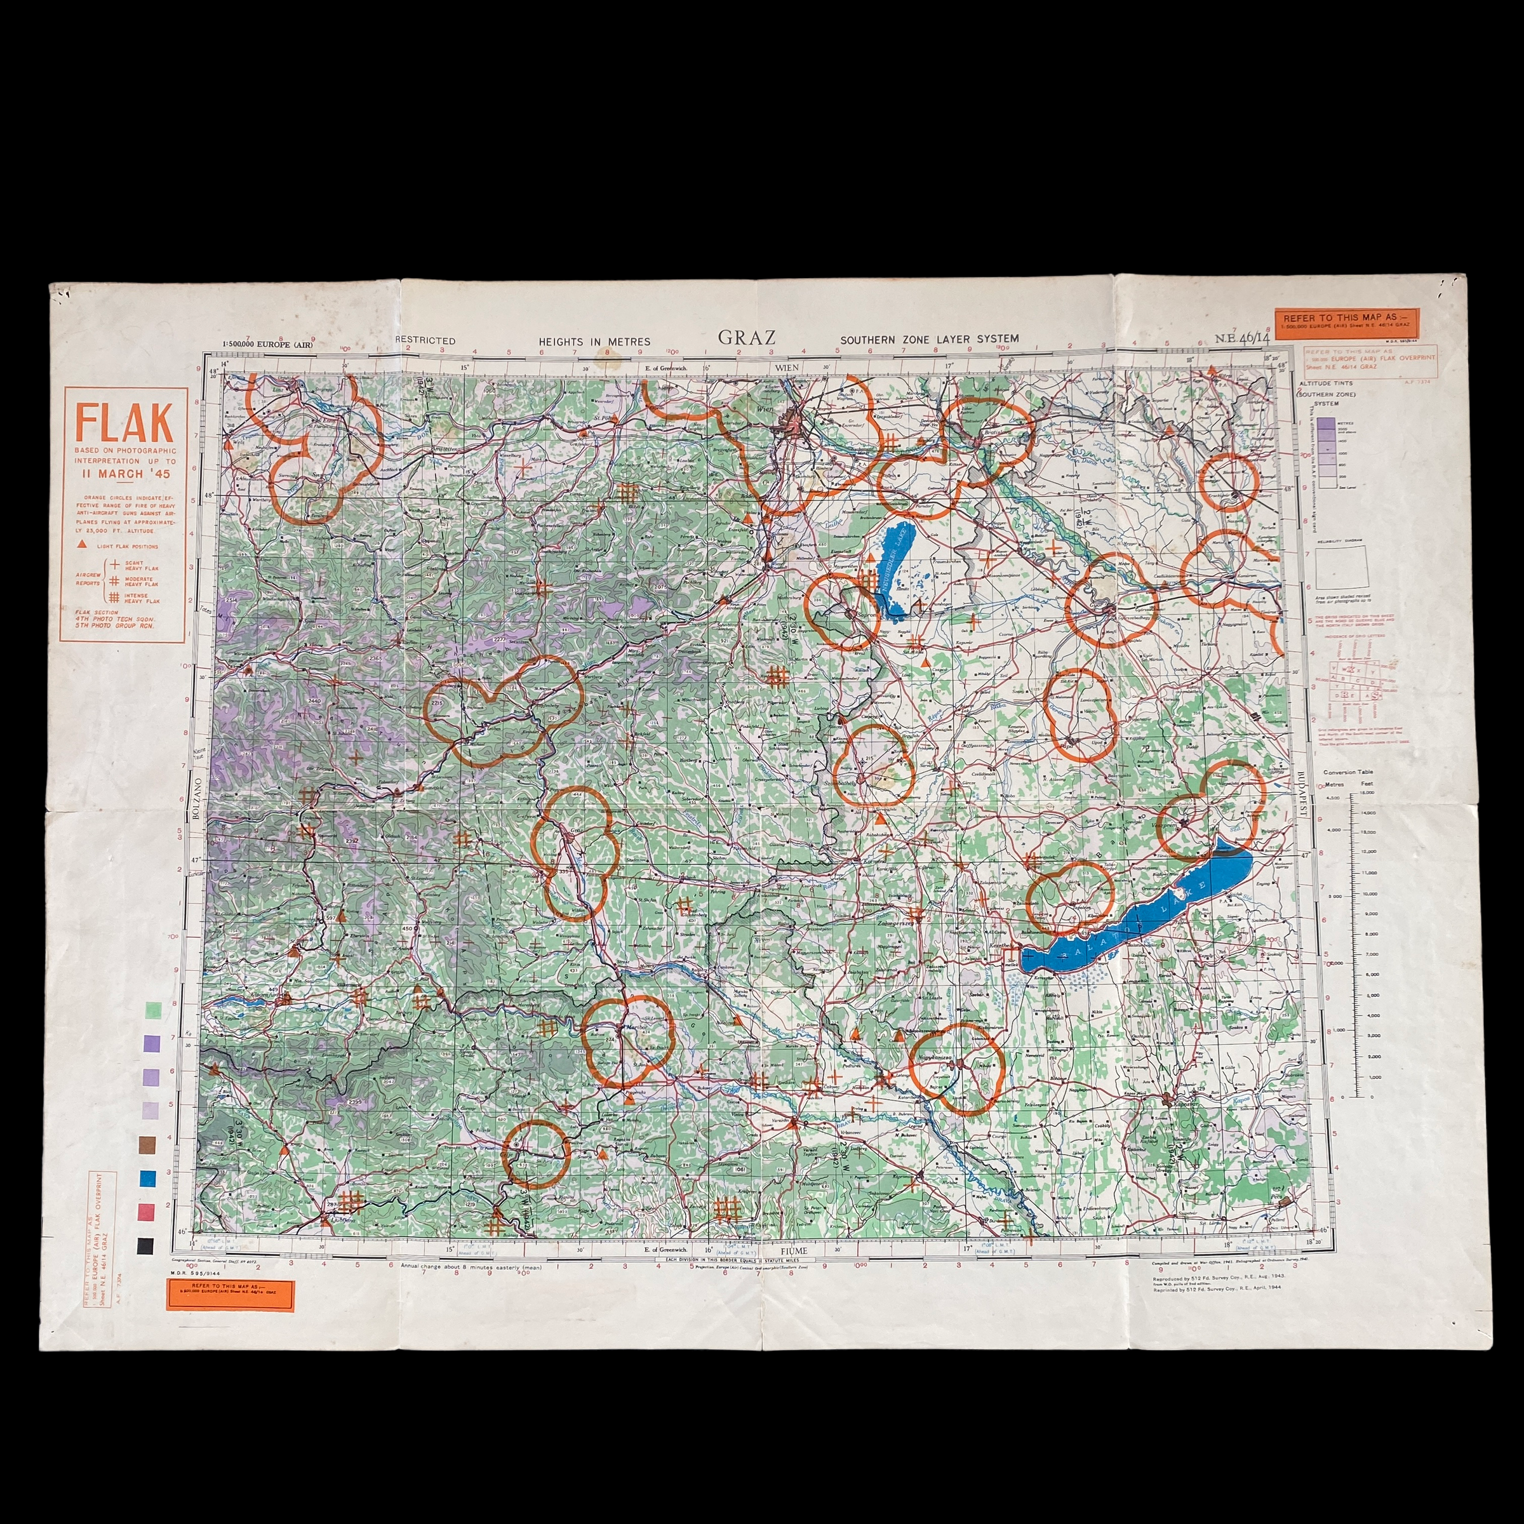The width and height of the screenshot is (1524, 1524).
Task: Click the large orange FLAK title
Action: [124, 423]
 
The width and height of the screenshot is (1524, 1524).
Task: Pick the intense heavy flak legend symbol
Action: [114, 598]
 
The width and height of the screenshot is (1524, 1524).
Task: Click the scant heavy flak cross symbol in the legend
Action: [114, 564]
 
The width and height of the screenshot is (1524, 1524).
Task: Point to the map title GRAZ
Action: [745, 338]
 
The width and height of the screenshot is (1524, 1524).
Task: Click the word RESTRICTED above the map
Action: [425, 341]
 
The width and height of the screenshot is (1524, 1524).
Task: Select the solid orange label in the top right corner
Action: [1346, 323]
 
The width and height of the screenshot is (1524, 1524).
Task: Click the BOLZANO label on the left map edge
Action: [197, 800]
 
